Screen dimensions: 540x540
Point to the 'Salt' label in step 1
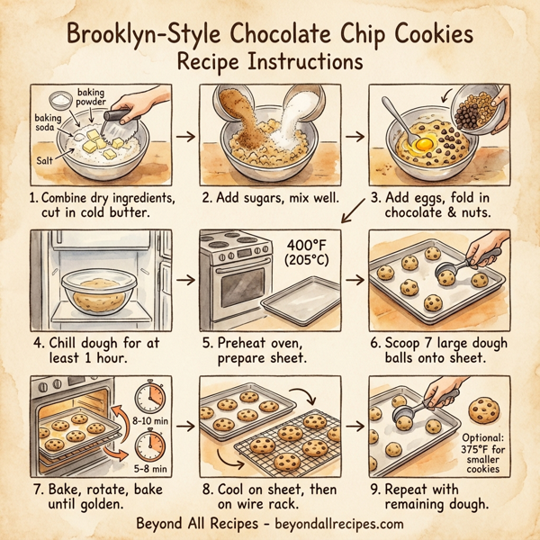tap(46, 159)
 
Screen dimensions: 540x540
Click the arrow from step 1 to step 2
tap(185, 137)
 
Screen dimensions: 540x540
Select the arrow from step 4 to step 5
tap(185, 280)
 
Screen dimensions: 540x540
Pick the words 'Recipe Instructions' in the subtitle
tap(269, 65)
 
